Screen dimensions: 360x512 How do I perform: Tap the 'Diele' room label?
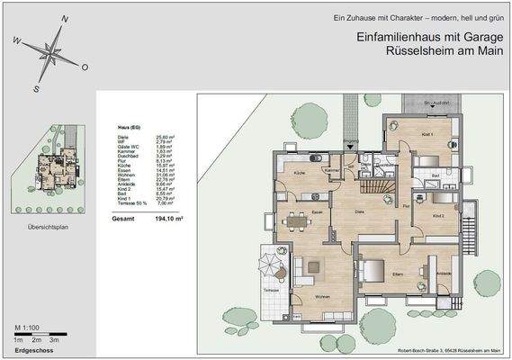[x=357, y=212]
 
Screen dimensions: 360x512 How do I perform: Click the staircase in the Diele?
[x=381, y=187]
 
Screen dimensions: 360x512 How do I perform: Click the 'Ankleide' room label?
[x=443, y=273]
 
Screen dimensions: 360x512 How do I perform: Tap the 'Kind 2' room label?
[x=438, y=216]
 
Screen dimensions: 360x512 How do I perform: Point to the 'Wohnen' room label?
[x=320, y=298]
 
